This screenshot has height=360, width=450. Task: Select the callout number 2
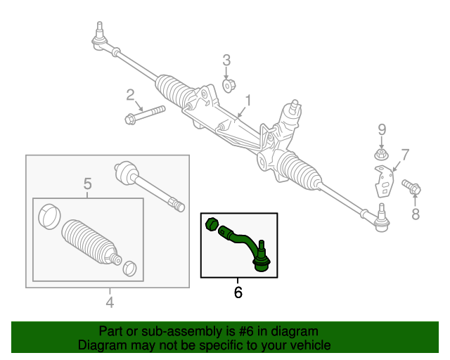tap(130, 95)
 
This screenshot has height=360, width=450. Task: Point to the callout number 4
tap(110, 302)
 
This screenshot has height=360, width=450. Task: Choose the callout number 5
tap(88, 184)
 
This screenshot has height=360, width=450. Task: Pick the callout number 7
tap(405, 154)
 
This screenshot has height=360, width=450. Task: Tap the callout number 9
tap(382, 129)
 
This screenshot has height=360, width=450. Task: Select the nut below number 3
tap(227, 86)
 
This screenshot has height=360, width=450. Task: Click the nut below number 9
tap(380, 153)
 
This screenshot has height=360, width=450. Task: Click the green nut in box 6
tap(210, 225)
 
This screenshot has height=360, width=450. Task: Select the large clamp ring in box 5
tap(48, 214)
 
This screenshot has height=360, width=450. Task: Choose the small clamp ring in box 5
tap(129, 268)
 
